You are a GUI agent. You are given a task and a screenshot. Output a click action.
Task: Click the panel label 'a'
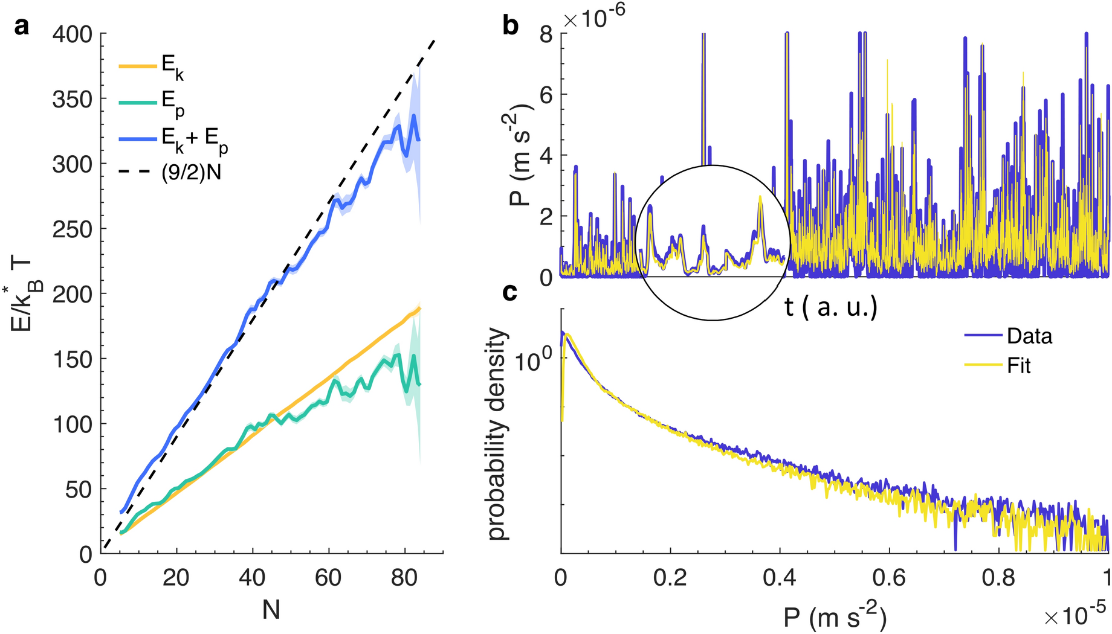(22, 27)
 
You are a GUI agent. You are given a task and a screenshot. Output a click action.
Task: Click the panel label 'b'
(511, 27)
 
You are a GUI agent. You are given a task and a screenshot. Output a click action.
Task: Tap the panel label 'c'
(511, 292)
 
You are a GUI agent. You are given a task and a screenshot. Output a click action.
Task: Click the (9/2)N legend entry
(191, 173)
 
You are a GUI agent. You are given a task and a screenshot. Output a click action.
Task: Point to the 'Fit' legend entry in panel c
(1018, 366)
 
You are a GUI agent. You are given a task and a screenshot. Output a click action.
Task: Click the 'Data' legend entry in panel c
(1029, 336)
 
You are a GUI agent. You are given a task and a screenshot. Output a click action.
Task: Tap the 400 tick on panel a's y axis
(72, 34)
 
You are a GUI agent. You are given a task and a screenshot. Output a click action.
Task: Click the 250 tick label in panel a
(72, 229)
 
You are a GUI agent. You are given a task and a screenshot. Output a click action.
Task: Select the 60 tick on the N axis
(328, 578)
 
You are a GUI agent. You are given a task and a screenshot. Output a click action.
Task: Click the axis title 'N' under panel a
(271, 611)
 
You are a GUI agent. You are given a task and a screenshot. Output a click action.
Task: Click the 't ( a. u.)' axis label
(830, 307)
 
